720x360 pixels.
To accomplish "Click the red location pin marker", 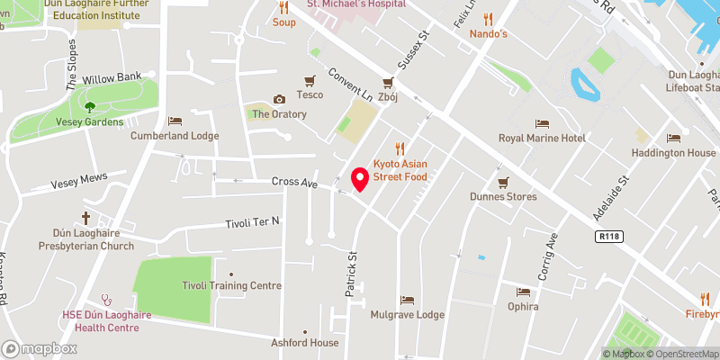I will point(360,179).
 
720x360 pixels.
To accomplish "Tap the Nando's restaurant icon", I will point(489,18).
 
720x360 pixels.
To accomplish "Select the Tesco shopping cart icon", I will point(310,80).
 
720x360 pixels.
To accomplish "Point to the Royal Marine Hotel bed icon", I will point(542,123).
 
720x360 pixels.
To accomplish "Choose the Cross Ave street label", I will point(295,183).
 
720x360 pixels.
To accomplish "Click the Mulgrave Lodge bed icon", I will point(408,300).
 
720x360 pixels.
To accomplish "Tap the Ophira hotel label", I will point(523,306).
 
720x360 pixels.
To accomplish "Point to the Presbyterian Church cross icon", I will point(86,218).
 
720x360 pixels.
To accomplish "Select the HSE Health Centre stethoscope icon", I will point(106,301).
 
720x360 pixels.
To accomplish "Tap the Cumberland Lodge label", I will point(175,136).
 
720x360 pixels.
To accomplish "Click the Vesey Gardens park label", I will point(89,121).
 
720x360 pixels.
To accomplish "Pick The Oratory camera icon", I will point(279,99).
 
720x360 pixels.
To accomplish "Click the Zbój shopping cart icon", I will point(388,81).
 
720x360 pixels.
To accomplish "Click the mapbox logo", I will point(39,348).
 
